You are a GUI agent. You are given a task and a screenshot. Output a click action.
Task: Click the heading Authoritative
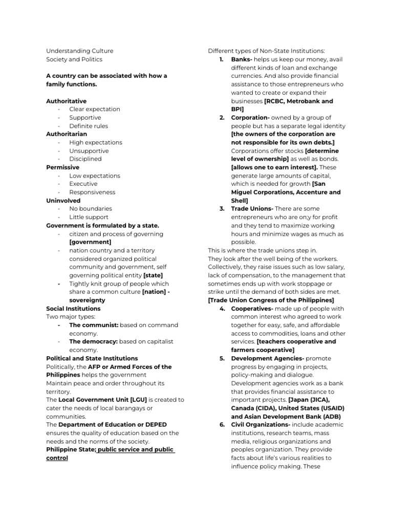(x=66, y=101)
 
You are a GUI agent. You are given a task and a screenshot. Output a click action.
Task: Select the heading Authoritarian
(x=66, y=134)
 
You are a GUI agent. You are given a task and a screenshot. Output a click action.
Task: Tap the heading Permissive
(x=62, y=167)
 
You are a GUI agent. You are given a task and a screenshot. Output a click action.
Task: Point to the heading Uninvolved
(x=63, y=201)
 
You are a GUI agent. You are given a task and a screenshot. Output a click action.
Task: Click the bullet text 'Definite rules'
(x=89, y=126)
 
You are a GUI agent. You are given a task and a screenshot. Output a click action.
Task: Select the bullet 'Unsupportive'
(x=89, y=151)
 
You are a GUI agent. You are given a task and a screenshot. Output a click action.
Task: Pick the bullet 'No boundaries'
(x=90, y=209)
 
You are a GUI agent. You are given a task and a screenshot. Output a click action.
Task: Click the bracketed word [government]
(x=90, y=242)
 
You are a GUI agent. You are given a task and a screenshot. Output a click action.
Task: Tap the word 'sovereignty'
(x=87, y=300)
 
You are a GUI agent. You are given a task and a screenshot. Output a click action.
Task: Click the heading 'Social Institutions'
(x=73, y=309)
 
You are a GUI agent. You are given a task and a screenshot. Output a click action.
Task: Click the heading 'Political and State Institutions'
(x=92, y=358)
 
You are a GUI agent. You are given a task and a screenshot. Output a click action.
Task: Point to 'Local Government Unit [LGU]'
(x=102, y=400)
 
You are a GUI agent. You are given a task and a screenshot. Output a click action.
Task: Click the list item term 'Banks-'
(x=242, y=59)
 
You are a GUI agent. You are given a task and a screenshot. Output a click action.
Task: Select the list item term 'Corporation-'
(x=249, y=118)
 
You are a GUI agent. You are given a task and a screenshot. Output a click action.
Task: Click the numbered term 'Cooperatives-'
(x=251, y=309)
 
